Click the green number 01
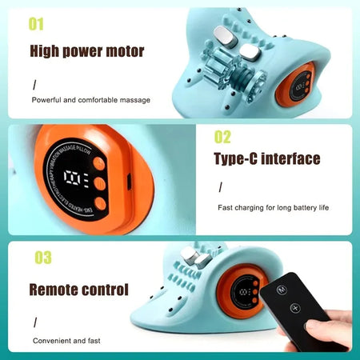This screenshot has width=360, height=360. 36,23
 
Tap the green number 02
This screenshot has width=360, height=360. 223,137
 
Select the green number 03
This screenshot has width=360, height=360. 42,258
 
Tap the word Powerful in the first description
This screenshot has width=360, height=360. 50,100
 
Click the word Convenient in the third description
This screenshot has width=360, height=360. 54,340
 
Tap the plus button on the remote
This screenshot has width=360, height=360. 294,307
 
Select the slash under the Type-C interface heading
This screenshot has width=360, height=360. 220,187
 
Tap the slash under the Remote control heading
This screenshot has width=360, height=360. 34,322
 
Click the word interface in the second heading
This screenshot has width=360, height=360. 294,159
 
